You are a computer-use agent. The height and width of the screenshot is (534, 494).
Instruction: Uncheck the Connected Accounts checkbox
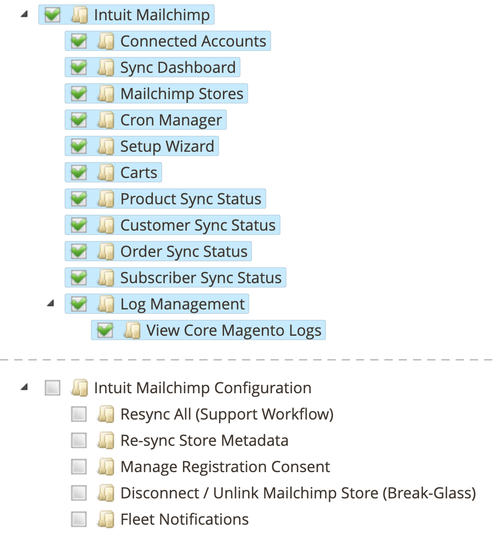coord(79,41)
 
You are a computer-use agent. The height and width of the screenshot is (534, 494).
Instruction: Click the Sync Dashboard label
coord(178,67)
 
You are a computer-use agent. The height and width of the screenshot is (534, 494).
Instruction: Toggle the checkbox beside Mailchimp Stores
coord(79,94)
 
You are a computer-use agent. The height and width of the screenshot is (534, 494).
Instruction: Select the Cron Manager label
coord(171,120)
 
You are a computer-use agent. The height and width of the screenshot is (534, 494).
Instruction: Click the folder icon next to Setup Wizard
coord(106,146)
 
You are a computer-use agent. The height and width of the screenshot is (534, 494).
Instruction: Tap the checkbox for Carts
coord(79,173)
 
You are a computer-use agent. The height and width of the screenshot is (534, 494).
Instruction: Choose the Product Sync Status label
coord(191,199)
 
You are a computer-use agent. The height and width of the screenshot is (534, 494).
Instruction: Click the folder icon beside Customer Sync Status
coord(106,225)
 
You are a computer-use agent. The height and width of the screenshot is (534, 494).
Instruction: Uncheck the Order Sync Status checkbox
coord(79,252)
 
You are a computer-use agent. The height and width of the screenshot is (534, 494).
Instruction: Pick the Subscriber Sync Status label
coord(201,278)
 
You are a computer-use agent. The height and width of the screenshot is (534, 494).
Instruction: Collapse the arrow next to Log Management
coord(51,303)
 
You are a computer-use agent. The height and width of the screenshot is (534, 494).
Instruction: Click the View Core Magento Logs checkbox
coord(105,330)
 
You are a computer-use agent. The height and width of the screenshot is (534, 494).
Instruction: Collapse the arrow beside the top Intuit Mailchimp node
coord(24,14)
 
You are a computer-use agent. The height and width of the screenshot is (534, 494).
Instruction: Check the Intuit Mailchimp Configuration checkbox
coord(53,388)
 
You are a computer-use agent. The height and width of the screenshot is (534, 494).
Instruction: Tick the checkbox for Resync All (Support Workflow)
coord(79,414)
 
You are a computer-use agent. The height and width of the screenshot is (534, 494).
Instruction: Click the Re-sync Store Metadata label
coord(204,440)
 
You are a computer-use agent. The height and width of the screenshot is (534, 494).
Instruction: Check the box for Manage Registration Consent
coord(79,467)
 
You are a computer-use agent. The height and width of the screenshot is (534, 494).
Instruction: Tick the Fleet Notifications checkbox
coord(79,519)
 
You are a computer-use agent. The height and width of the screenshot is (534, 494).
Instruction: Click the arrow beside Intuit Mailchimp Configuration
coord(24,387)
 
